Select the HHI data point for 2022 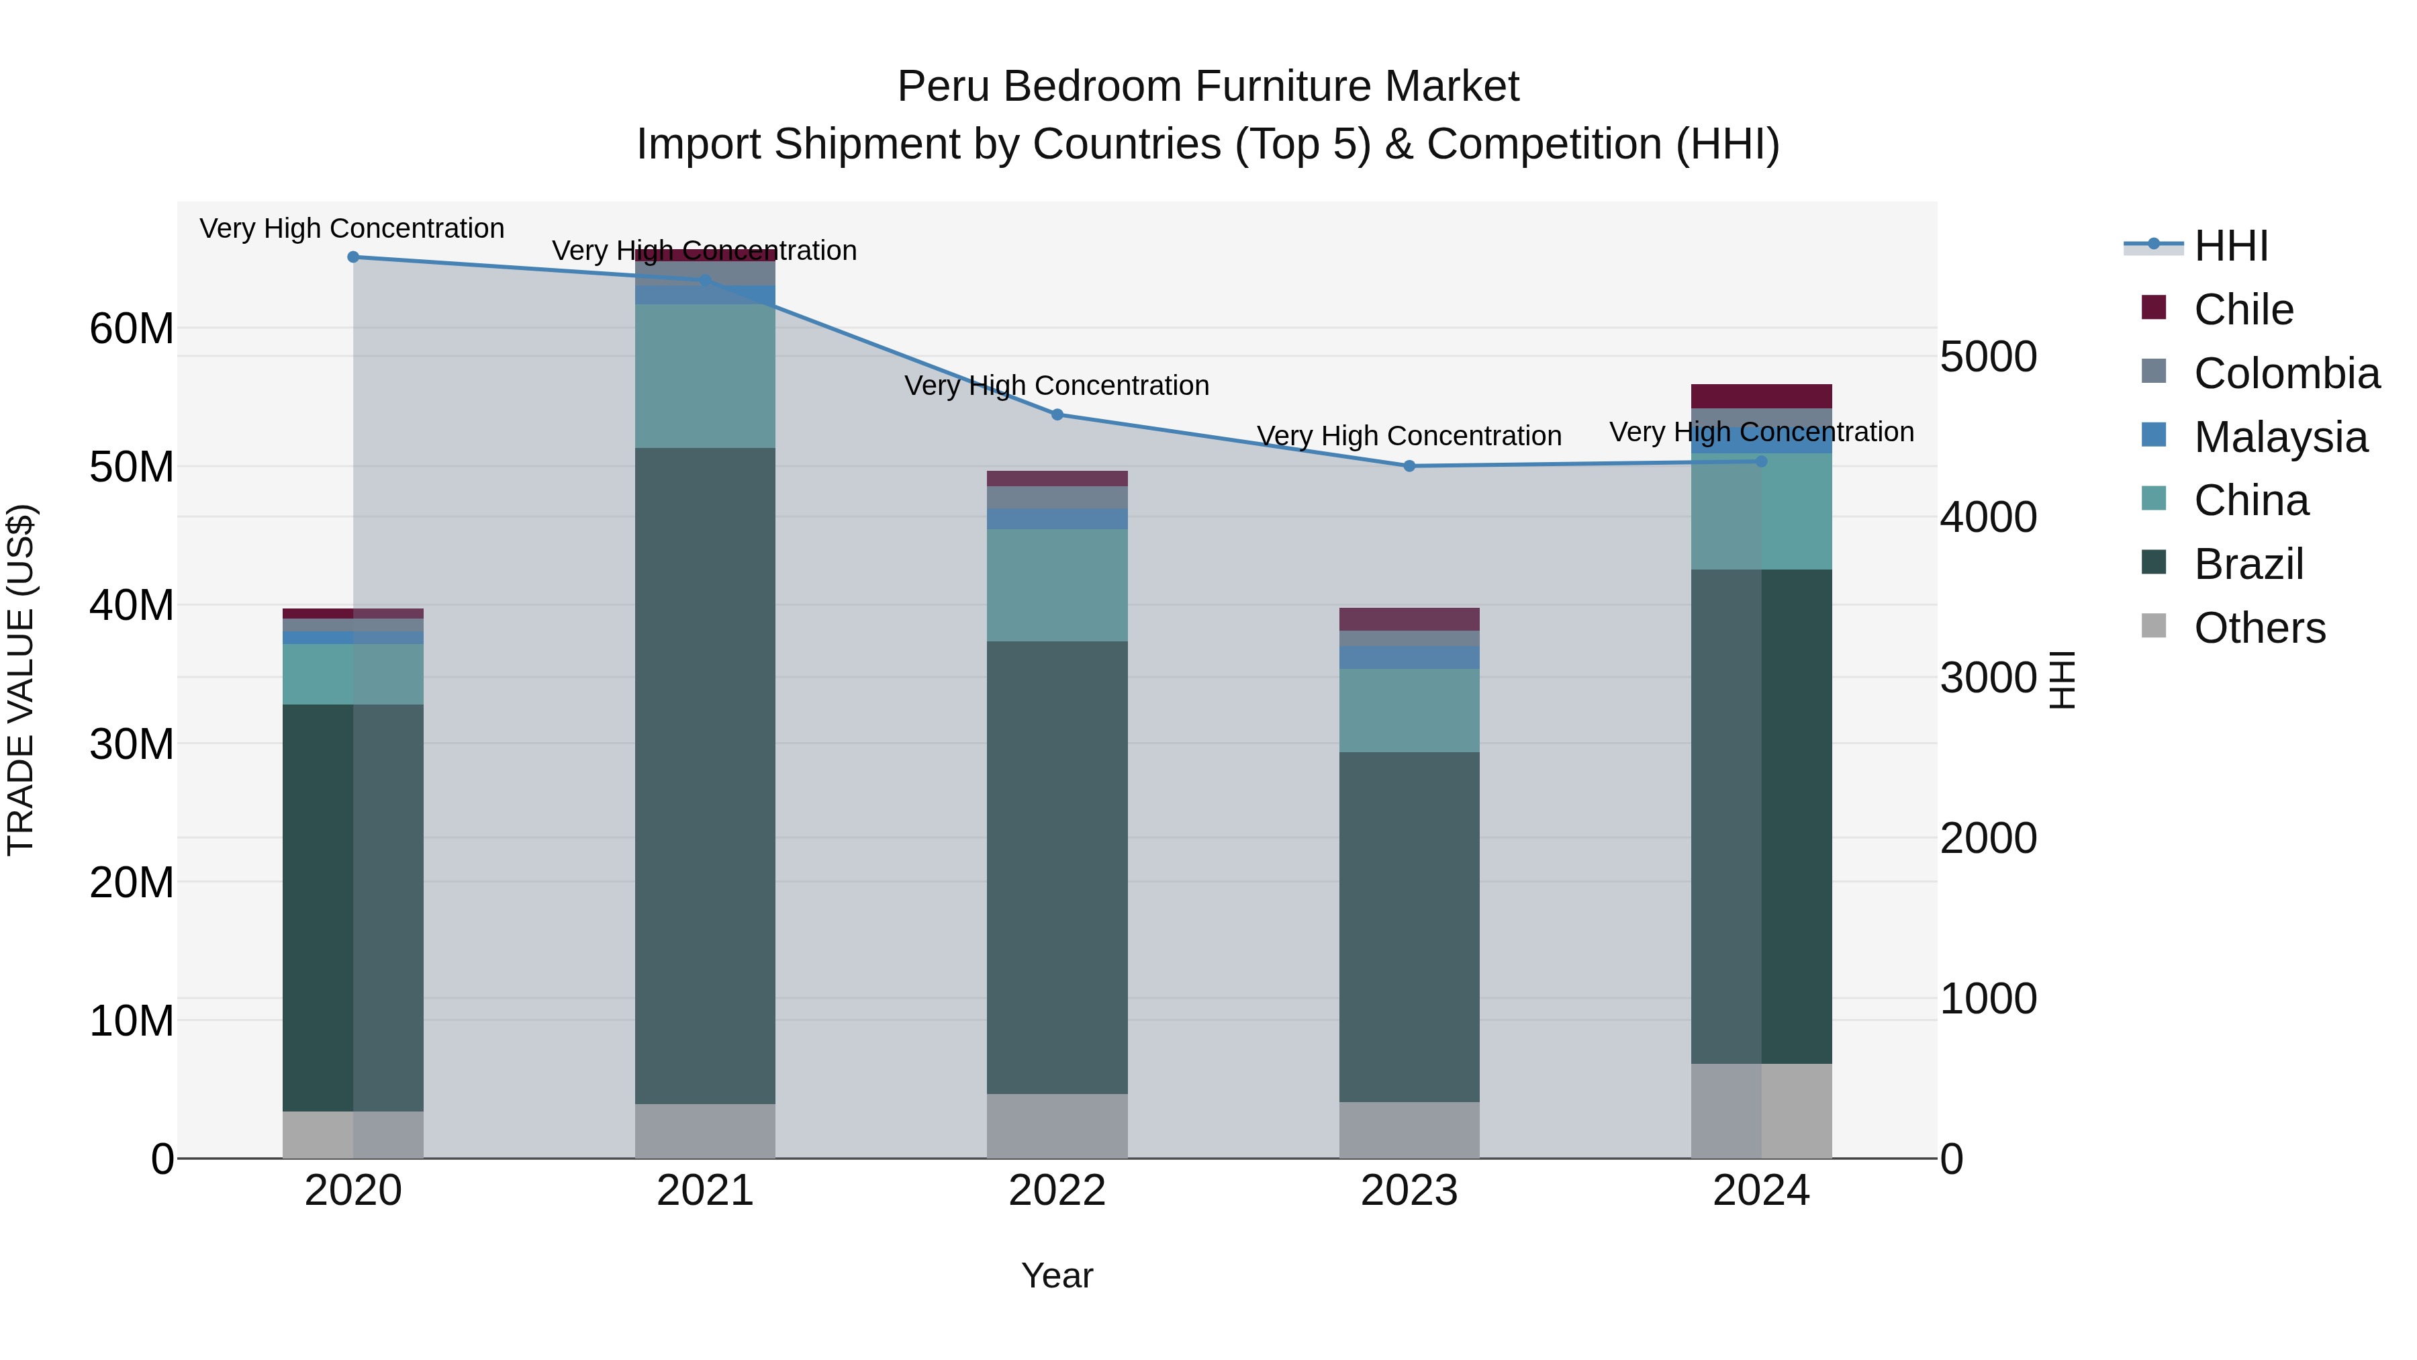(x=1057, y=415)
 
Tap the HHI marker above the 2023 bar (x=1409, y=467)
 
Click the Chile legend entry (x=2243, y=310)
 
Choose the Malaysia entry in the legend (x=2280, y=437)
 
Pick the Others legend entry (x=2259, y=628)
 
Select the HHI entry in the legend (x=2230, y=246)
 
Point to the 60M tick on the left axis (x=132, y=330)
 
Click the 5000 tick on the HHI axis (x=1988, y=357)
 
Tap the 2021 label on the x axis (x=706, y=1191)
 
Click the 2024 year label (x=1761, y=1191)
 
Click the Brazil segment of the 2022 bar (x=1057, y=868)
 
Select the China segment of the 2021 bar (x=706, y=375)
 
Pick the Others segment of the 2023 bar (x=1409, y=1130)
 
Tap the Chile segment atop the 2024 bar (x=1761, y=396)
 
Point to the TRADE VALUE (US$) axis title (x=21, y=680)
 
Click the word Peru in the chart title (x=944, y=87)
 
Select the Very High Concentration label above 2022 (x=1057, y=386)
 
